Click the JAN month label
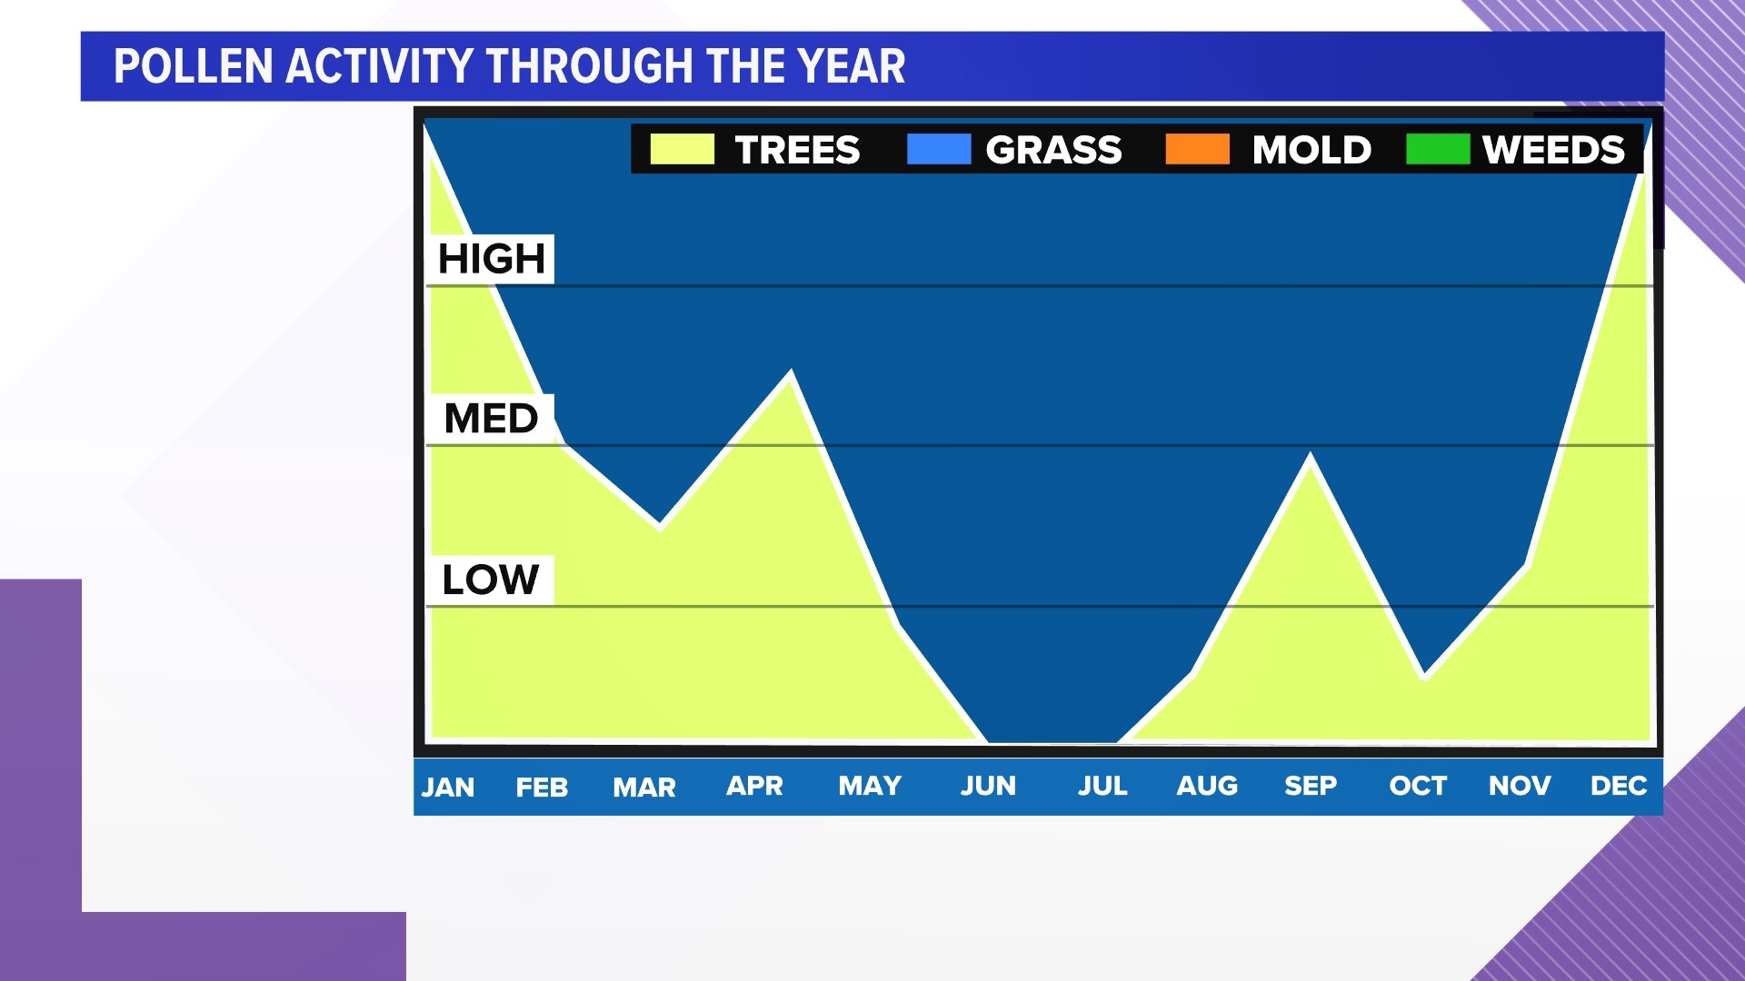[x=448, y=787]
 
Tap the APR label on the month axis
[x=754, y=786]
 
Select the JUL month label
[x=1102, y=786]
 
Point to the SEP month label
[x=1311, y=786]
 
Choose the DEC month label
[x=1619, y=786]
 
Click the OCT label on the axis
[x=1418, y=786]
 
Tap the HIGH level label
[x=491, y=259]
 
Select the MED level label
[x=491, y=419]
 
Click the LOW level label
[x=491, y=580]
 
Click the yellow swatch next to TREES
[x=683, y=149]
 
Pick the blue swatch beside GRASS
[x=939, y=149]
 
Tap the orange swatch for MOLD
[x=1197, y=149]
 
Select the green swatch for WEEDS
[x=1437, y=149]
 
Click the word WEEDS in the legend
[x=1553, y=150]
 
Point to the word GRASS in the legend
[x=1053, y=150]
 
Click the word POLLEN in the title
[x=194, y=66]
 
